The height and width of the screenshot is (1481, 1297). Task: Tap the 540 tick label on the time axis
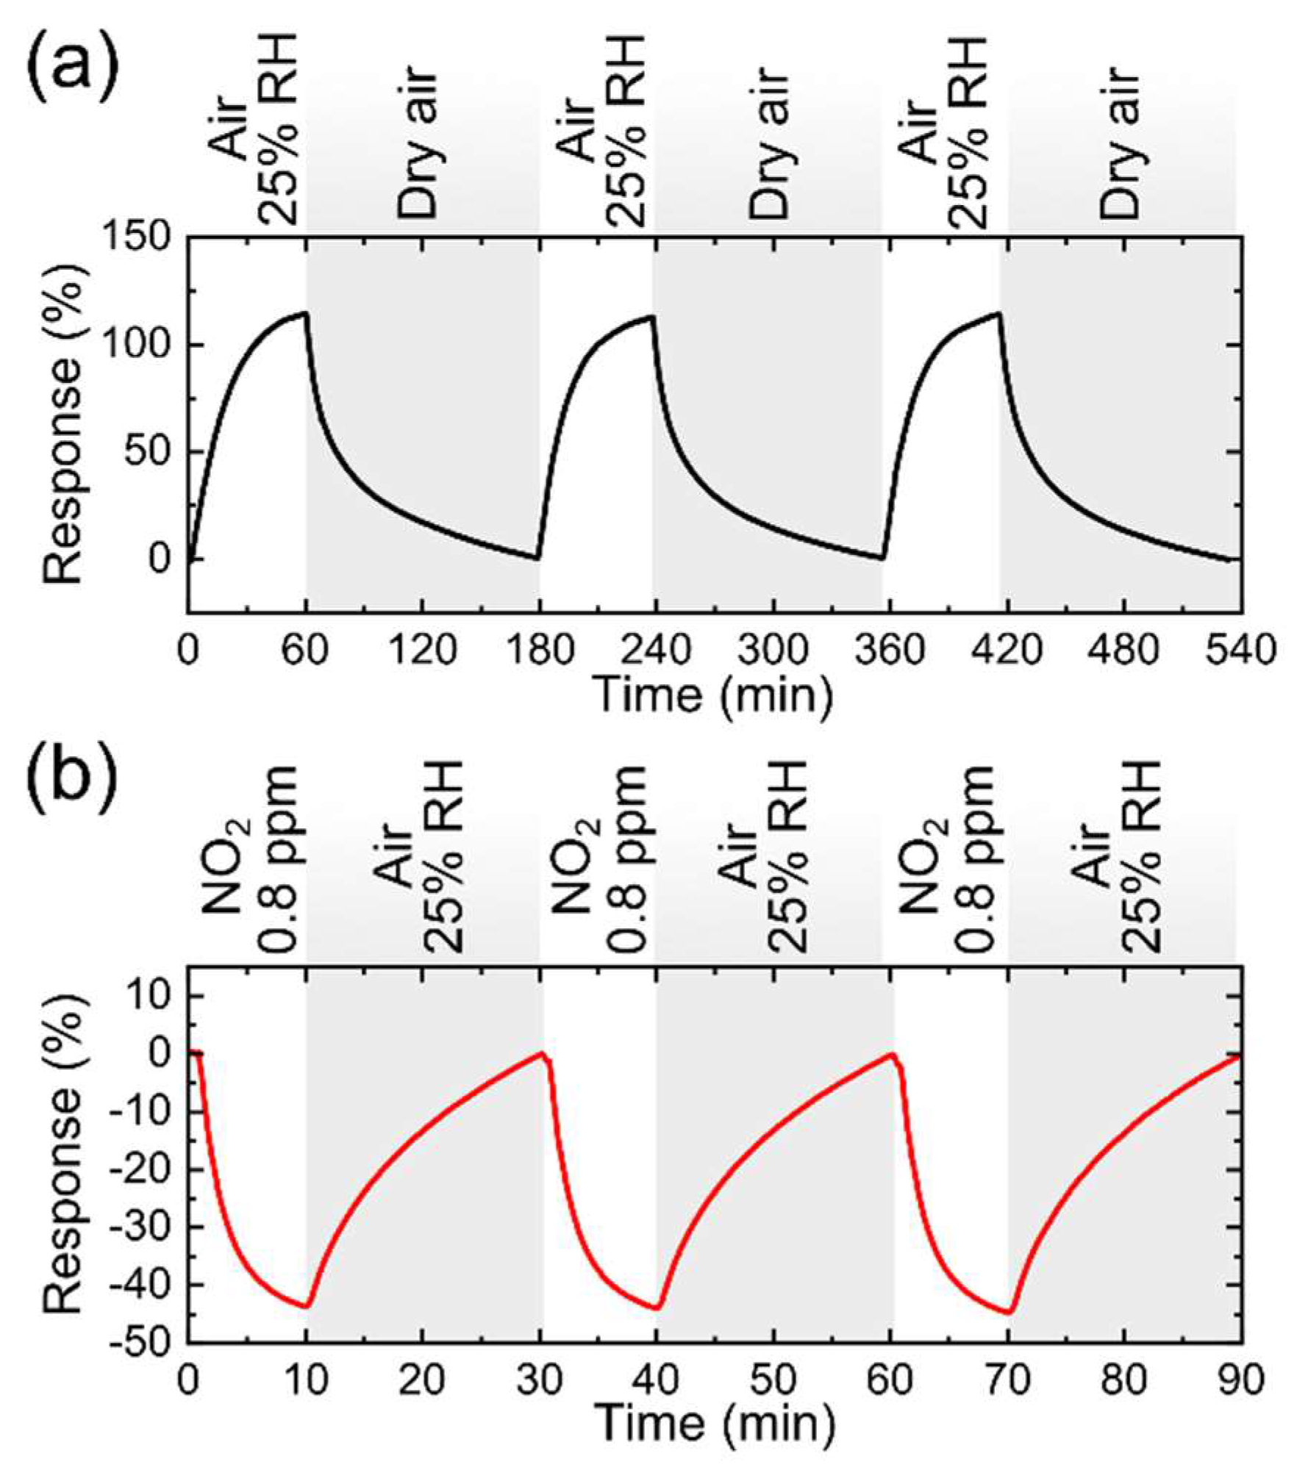[x=1240, y=651]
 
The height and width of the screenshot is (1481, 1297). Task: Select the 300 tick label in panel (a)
[x=773, y=651]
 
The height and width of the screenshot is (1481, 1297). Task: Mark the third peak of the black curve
[x=999, y=314]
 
